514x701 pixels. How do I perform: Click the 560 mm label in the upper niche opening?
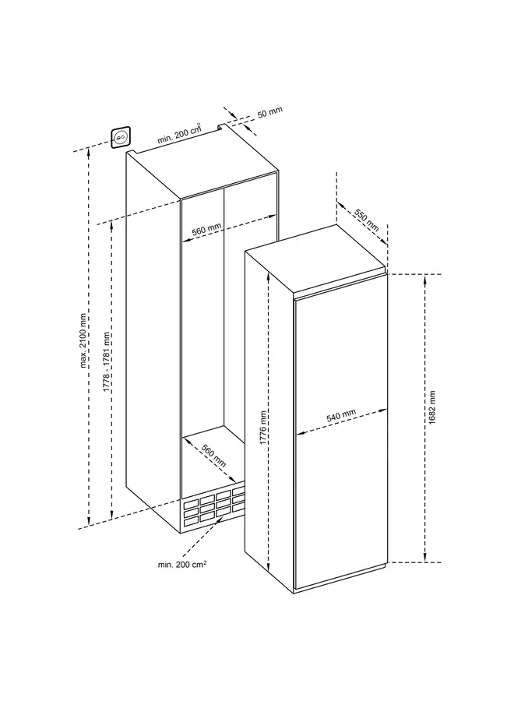click(206, 230)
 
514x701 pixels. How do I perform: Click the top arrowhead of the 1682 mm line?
click(426, 279)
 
